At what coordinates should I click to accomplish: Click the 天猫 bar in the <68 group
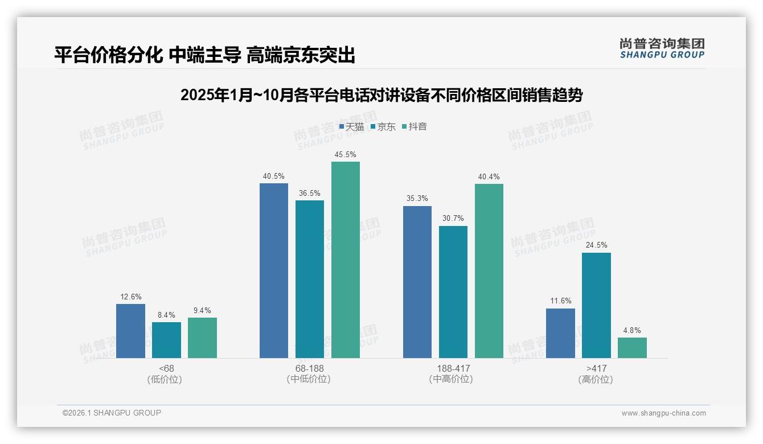[x=130, y=331]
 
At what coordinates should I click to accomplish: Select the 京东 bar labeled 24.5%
[x=596, y=305]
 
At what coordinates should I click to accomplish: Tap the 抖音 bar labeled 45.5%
[x=346, y=260]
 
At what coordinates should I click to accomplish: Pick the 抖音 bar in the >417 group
[x=632, y=348]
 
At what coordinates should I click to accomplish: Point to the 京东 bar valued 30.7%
[x=453, y=291]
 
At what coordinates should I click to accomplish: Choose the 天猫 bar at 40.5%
[x=274, y=270]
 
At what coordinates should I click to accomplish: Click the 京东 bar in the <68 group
[x=166, y=340]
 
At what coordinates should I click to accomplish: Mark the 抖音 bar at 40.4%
[x=489, y=270]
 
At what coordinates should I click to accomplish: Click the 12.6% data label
[x=131, y=297]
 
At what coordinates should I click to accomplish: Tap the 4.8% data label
[x=632, y=331]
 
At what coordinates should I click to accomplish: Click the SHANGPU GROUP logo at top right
[x=662, y=48]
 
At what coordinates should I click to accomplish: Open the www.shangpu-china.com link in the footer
[x=663, y=413]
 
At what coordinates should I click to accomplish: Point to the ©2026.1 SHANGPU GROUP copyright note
[x=112, y=413]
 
